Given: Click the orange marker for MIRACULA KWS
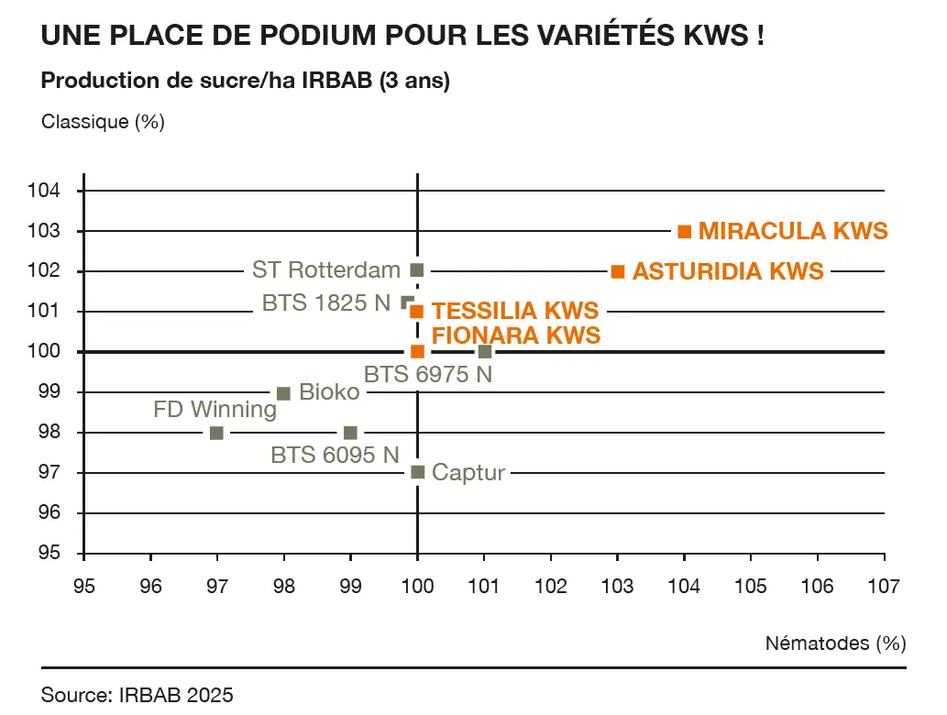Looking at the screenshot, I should point(684,231).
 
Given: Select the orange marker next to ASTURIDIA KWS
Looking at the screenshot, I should point(618,271).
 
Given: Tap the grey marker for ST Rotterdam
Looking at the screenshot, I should point(417,270).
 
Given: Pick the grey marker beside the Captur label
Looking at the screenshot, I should point(418,472).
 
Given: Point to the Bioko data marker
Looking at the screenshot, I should point(283,393).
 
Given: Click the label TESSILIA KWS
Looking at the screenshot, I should point(515,311).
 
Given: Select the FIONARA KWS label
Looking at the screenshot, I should point(516,335).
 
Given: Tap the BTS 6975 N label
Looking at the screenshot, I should point(428,374).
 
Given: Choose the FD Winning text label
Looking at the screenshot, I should point(215,409).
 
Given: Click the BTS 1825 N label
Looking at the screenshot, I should point(326,302).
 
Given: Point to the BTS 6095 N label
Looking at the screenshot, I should point(336,454).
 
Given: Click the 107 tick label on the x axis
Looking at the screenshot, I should point(884,585).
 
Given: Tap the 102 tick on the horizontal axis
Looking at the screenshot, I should point(551,585).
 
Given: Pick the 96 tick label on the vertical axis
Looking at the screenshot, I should point(52,512).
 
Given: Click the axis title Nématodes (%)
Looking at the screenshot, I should point(835,643).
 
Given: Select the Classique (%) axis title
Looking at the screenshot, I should point(103,121).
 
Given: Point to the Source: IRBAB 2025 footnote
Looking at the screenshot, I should point(138,695).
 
